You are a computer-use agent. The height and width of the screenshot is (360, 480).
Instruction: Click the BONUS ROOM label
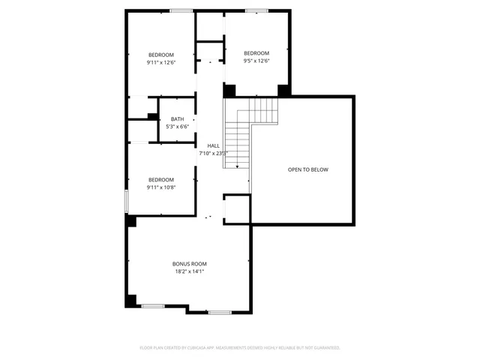189,264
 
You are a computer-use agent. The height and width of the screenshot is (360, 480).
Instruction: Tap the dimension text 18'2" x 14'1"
189,271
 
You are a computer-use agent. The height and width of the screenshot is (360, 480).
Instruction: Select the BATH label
177,119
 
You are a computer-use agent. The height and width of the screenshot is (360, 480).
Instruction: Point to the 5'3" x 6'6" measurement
177,127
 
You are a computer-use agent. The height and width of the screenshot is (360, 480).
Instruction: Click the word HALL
213,145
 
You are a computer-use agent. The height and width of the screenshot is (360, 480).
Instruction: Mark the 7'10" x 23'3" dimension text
213,153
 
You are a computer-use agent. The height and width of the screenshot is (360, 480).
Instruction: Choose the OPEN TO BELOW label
307,169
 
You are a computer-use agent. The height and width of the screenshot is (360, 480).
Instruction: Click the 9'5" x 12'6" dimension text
256,61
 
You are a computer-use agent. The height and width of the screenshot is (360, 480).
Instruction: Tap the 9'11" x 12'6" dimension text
160,63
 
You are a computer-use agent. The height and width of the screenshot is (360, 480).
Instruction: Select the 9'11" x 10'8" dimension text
160,187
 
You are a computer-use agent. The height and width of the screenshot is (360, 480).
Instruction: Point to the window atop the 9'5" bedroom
257,10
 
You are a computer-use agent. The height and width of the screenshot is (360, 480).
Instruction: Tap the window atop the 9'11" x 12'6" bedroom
180,10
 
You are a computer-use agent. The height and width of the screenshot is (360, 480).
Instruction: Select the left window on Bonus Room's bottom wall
153,305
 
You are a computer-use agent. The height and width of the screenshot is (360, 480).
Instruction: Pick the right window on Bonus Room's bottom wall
219,312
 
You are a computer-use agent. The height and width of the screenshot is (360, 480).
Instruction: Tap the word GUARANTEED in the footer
325,348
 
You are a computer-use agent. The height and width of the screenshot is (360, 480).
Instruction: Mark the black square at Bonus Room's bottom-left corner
130,301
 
